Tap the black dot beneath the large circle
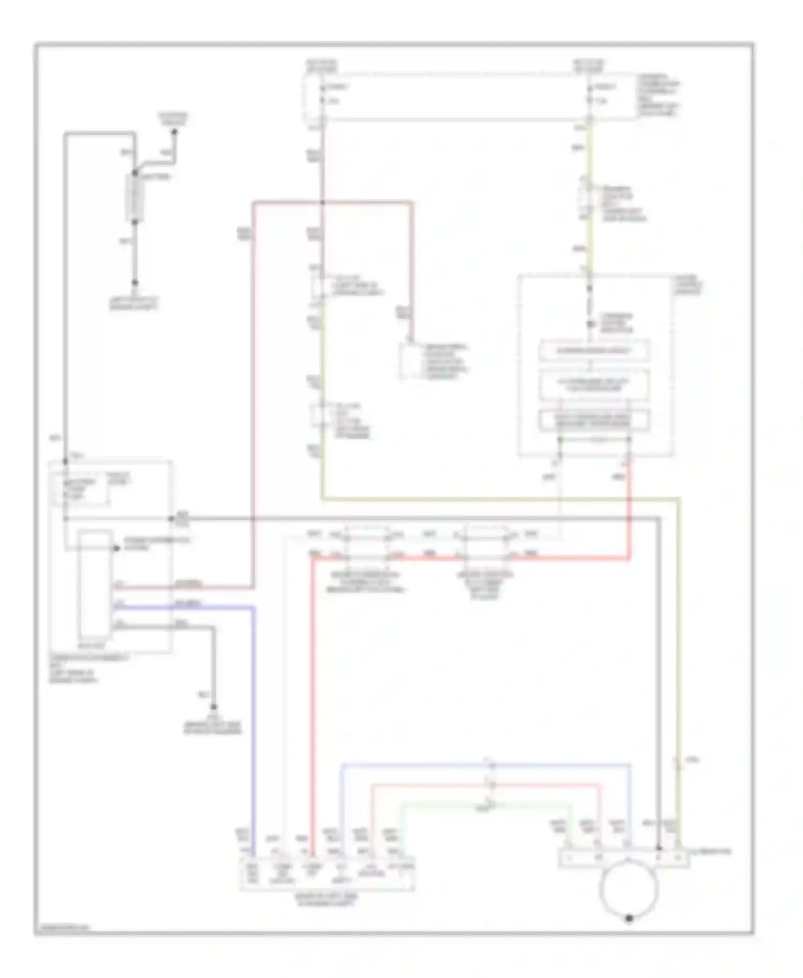pyautogui.click(x=630, y=918)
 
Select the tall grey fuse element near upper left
pyautogui.click(x=135, y=197)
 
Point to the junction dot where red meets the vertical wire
pyautogui.click(x=322, y=202)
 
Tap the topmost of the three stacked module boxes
pyautogui.click(x=594, y=350)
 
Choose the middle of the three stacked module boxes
pyautogui.click(x=594, y=385)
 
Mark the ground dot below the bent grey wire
pyautogui.click(x=214, y=707)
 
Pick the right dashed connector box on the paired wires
pyautogui.click(x=486, y=543)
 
